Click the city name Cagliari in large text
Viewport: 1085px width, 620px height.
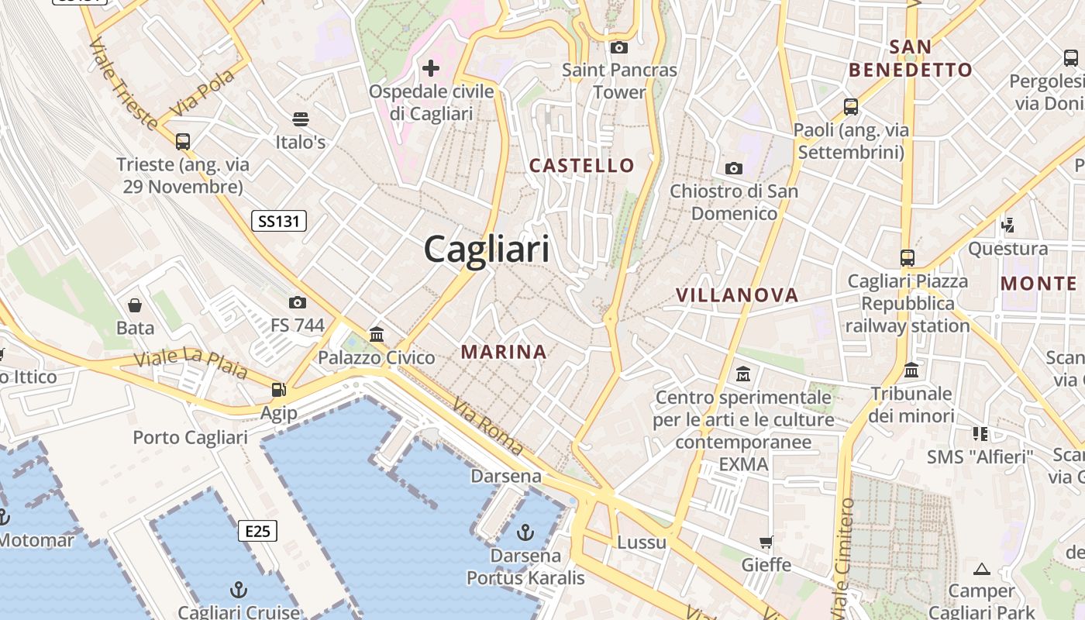(487, 250)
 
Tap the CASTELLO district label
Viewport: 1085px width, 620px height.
(581, 165)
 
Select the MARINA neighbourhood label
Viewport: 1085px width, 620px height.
(504, 352)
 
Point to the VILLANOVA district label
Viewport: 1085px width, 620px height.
(736, 295)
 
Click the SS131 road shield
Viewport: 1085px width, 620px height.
(279, 222)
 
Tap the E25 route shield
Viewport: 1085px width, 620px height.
(257, 531)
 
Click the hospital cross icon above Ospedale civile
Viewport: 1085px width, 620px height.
(431, 68)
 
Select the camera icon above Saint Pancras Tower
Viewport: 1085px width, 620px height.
(618, 48)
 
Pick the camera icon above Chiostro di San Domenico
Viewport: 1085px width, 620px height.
(733, 168)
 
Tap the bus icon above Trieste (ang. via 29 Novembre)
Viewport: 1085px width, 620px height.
(183, 142)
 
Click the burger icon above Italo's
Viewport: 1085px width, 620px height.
(301, 119)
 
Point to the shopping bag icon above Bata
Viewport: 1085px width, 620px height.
(135, 305)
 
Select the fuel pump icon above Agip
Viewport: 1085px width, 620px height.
(278, 390)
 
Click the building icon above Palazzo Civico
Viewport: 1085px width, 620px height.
(377, 335)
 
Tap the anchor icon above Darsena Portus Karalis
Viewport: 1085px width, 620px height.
(525, 532)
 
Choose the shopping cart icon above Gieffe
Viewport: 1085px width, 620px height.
(766, 542)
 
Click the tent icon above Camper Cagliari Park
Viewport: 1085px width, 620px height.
(982, 570)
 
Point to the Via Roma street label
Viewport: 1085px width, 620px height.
(488, 425)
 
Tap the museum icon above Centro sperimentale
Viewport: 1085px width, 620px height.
(743, 374)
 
